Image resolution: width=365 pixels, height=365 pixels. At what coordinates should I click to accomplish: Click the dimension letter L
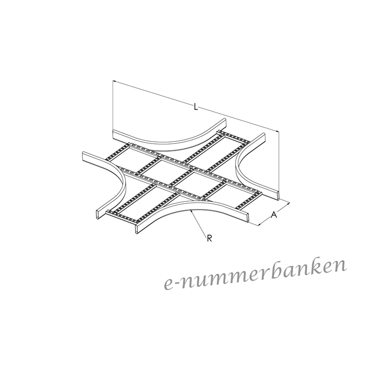click(x=196, y=107)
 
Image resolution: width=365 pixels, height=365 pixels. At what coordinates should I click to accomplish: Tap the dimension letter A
click(x=274, y=215)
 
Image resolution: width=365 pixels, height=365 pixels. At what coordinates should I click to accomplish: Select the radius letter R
click(x=209, y=238)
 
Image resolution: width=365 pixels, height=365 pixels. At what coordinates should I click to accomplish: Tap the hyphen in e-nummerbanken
click(x=178, y=284)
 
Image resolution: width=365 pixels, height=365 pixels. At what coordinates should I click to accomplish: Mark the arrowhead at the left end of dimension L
click(x=115, y=81)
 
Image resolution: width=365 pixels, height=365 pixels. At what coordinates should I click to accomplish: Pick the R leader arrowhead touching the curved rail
click(x=191, y=211)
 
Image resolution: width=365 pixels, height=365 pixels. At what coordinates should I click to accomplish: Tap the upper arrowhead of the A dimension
click(x=288, y=204)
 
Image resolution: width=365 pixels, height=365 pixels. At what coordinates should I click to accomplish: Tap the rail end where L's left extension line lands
click(x=113, y=135)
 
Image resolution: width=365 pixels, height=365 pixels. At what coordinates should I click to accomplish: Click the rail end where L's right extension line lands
click(x=278, y=196)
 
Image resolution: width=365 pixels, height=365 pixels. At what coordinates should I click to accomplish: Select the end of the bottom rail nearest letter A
click(x=247, y=217)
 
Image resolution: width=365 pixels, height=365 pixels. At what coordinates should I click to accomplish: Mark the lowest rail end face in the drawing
click(x=136, y=229)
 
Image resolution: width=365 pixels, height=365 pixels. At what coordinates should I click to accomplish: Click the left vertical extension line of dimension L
click(x=113, y=105)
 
